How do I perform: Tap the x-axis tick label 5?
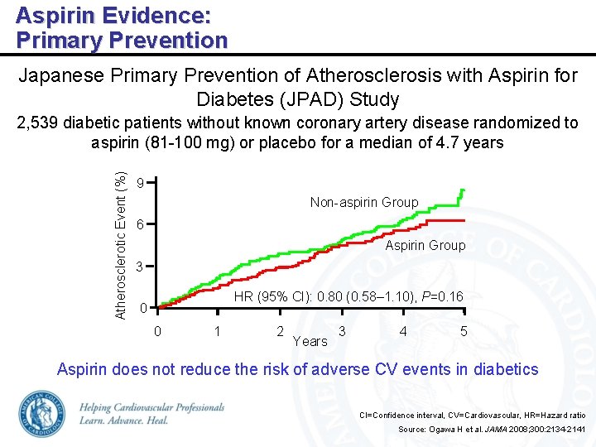pos(464,332)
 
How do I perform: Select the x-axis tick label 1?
pos(217,332)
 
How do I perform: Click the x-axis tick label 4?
pos(403,332)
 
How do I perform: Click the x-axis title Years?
pos(310,341)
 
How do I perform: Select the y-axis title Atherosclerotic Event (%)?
pos(121,245)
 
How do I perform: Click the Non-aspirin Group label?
pos(364,202)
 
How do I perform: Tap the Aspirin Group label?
pos(425,245)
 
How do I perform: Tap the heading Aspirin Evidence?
pos(113,15)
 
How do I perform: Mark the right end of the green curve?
pos(463,190)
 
